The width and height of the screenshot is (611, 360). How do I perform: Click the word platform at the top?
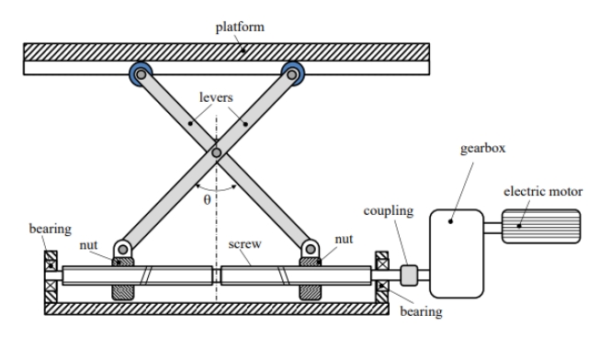point(240,27)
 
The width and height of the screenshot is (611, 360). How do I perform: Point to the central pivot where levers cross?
point(216,152)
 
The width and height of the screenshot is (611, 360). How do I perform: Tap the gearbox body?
point(456,253)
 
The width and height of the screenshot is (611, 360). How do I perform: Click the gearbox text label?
point(477,148)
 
